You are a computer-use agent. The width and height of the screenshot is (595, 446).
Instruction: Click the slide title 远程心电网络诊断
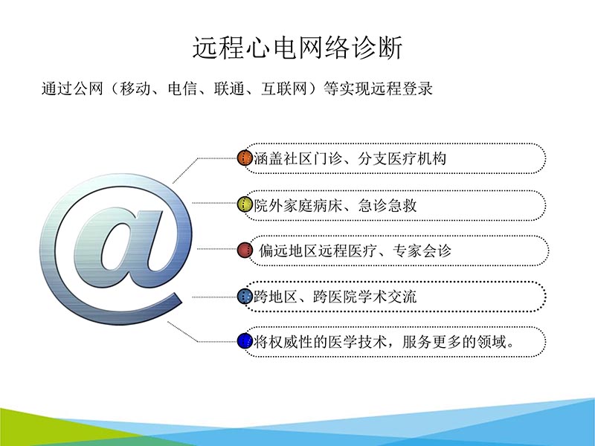point(297,48)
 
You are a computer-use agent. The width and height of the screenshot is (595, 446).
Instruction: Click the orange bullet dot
point(245,158)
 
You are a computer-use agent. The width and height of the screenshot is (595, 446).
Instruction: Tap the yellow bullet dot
point(245,204)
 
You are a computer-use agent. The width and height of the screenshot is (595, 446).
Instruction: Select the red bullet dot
point(245,251)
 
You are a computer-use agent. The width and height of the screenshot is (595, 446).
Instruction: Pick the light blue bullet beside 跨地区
point(245,297)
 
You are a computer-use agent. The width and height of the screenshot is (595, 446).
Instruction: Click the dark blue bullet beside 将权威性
point(245,342)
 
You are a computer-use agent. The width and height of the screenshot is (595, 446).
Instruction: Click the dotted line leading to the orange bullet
point(216,158)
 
